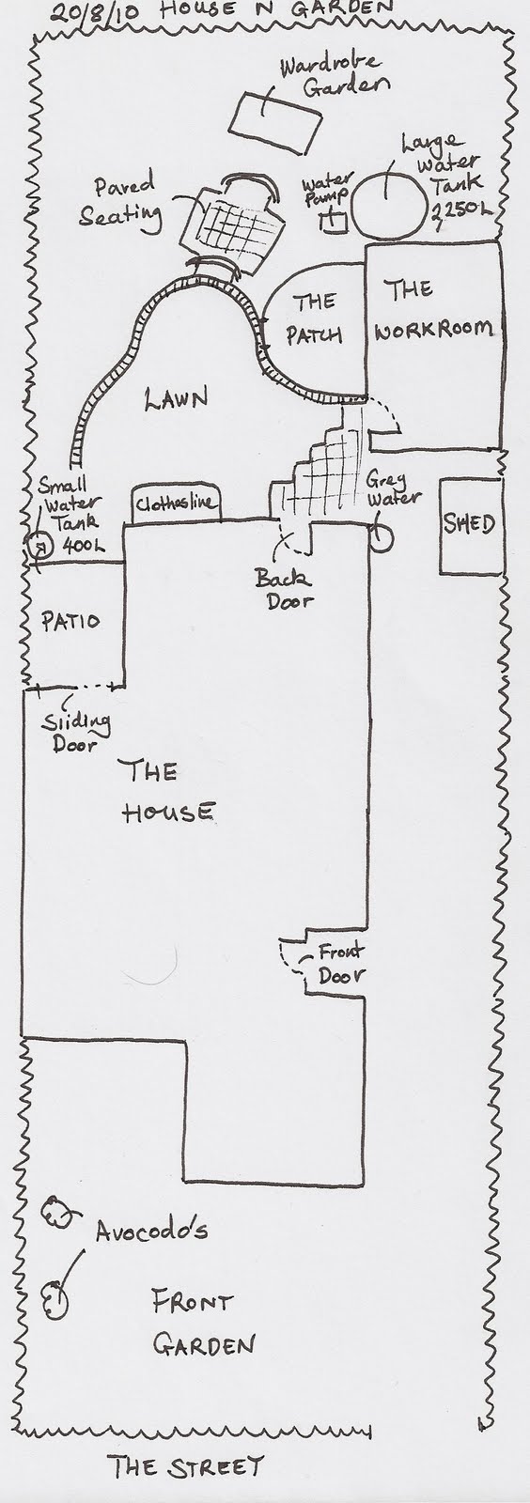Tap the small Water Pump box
pos(335,222)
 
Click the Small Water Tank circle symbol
pos(39,546)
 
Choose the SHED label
pos(469,524)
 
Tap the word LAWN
pos(176,398)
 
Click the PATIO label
pos(70,621)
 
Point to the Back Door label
pos(283,588)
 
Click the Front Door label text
pos(341,963)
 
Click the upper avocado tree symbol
pos(56,1211)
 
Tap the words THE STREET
pos(186,1466)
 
